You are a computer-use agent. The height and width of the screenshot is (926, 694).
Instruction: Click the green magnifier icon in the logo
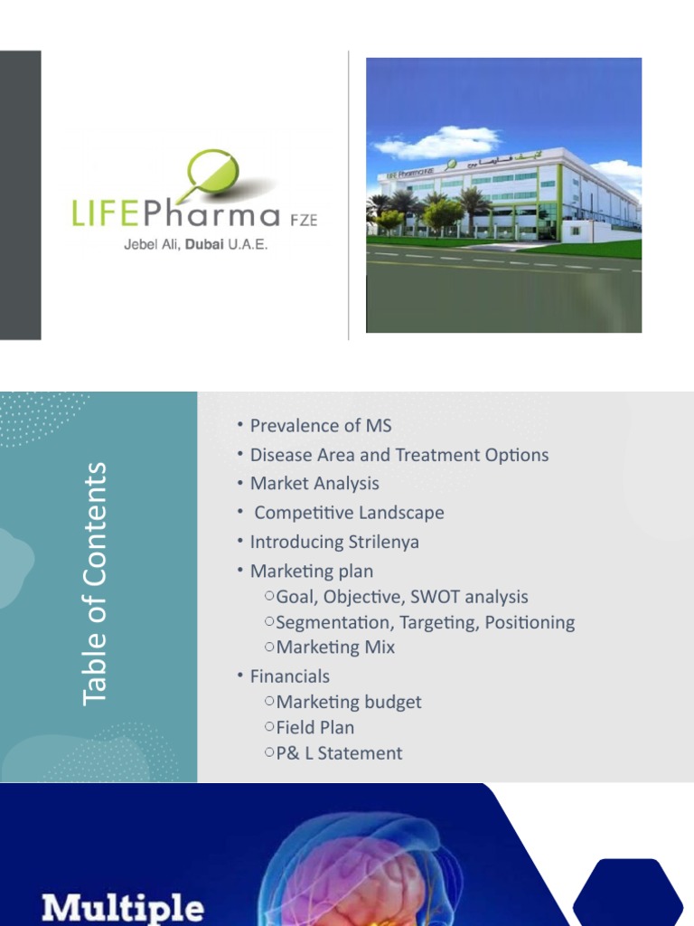(211, 173)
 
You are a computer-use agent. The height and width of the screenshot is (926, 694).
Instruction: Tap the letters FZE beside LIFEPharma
(302, 220)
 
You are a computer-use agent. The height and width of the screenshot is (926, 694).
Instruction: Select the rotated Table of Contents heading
(94, 583)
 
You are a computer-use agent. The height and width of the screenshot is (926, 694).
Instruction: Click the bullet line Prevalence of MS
(321, 426)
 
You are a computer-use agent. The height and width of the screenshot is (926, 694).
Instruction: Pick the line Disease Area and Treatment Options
(399, 455)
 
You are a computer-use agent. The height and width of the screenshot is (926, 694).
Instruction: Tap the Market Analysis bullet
(314, 484)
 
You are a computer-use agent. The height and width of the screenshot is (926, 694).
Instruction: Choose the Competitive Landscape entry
(349, 513)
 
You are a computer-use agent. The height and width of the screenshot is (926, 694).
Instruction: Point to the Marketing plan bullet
(311, 572)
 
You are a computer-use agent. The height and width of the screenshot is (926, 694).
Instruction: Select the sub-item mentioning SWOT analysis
(402, 597)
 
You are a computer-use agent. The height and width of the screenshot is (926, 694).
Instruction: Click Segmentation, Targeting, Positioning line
(425, 622)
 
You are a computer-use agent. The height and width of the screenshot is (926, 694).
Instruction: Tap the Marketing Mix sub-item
(335, 647)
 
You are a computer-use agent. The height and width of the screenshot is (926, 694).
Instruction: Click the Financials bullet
(289, 676)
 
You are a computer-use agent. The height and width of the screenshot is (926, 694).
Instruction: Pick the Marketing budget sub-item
(349, 702)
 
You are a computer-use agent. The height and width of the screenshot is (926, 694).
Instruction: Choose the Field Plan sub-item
(315, 727)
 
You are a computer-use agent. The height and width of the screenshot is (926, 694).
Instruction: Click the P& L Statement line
(339, 753)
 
